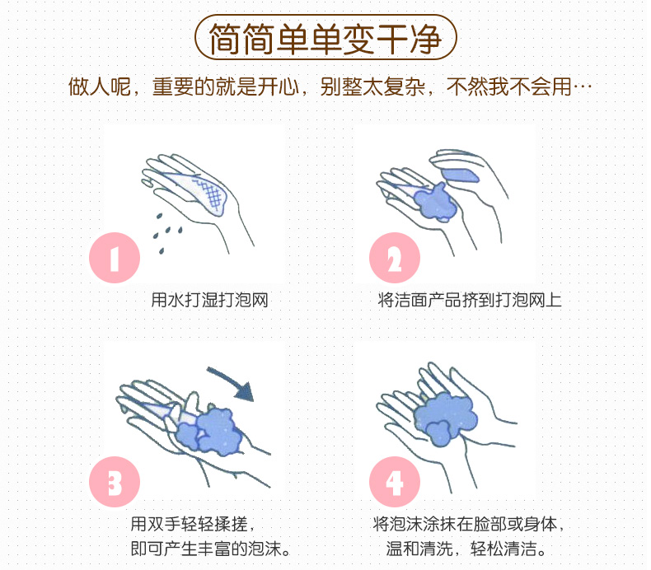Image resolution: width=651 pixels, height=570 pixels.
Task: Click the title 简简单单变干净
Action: (325, 38)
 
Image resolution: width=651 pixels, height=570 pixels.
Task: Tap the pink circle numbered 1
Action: (115, 257)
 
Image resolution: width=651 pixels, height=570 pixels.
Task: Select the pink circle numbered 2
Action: (395, 257)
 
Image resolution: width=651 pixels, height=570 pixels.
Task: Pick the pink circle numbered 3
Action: (115, 482)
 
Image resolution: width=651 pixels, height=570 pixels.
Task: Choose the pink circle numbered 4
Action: (395, 482)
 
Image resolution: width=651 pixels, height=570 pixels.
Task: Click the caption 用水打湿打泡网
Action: (209, 300)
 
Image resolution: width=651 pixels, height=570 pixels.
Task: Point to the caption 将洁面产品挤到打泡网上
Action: (470, 300)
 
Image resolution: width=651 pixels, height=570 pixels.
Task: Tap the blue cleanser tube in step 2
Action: (459, 175)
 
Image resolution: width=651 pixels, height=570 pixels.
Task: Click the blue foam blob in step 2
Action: (435, 202)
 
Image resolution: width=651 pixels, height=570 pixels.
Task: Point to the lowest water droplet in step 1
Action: (162, 250)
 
